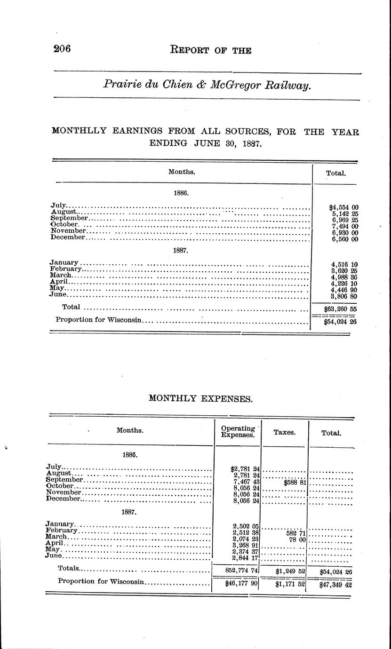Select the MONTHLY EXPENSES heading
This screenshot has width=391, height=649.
click(x=200, y=398)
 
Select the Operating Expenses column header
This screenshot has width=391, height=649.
click(x=238, y=431)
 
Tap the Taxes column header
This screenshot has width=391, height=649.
click(x=284, y=432)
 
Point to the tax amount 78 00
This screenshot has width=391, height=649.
click(x=297, y=540)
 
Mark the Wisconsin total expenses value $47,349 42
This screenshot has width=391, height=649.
click(x=335, y=586)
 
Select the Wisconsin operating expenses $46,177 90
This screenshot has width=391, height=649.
click(x=239, y=584)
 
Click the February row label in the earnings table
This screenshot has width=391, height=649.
click(x=65, y=269)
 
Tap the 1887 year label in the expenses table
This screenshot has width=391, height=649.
click(x=129, y=511)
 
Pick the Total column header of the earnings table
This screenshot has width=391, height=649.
click(x=336, y=173)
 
